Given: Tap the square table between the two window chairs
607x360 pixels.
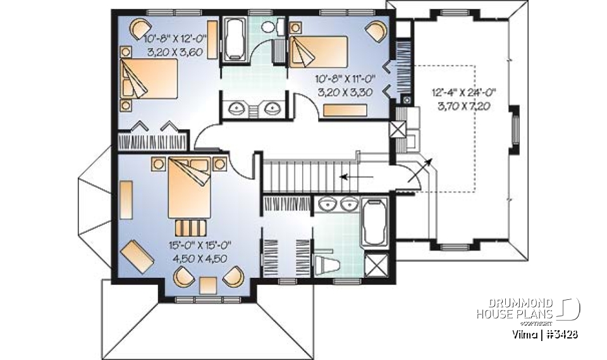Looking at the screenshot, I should click(x=208, y=285).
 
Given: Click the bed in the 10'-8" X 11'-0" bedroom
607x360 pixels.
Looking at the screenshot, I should click(x=319, y=51).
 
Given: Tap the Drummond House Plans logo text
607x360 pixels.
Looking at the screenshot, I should click(x=515, y=308).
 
